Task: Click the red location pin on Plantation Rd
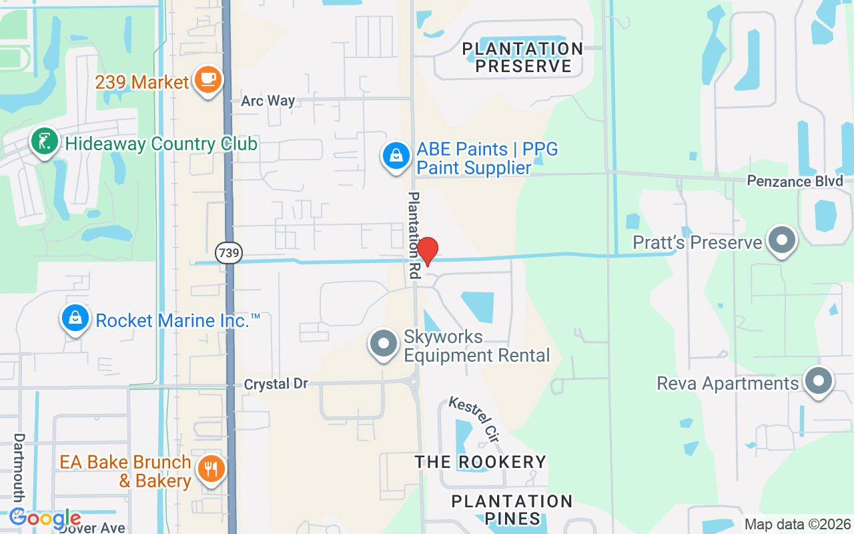[427, 251]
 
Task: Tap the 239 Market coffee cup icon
[208, 80]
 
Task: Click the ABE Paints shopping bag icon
[396, 156]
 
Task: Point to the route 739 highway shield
[229, 253]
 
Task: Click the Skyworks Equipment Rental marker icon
[384, 344]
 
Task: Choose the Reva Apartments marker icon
[819, 382]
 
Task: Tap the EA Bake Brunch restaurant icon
[211, 469]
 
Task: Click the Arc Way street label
[268, 101]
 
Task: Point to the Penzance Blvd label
[795, 181]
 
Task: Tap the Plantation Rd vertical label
[414, 235]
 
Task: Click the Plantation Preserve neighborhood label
[523, 57]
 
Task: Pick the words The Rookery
[480, 462]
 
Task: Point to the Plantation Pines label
[512, 510]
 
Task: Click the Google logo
[45, 518]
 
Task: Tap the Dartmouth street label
[19, 467]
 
